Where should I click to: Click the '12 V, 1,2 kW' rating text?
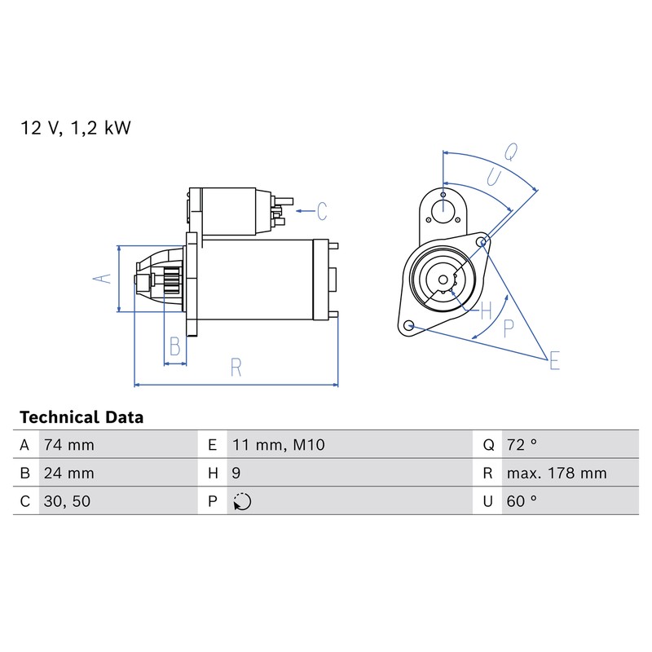[75, 128]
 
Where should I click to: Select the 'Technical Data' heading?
[81, 417]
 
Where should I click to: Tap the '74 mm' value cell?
[69, 445]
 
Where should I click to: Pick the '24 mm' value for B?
[69, 474]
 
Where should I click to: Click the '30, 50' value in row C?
[67, 501]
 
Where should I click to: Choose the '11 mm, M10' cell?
[279, 445]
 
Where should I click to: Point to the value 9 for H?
[236, 474]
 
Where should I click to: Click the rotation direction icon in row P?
[242, 501]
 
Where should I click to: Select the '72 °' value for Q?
[522, 445]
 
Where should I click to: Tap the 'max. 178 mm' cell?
[557, 474]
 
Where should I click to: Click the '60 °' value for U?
[522, 501]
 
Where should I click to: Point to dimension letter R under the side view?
[236, 368]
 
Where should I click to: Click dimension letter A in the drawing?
[103, 279]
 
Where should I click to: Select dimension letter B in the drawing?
[175, 346]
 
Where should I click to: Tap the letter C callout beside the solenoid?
[322, 211]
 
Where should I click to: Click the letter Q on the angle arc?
[511, 152]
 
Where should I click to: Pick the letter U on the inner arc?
[494, 178]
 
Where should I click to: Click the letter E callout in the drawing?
[555, 360]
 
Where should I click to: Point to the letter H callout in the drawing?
[486, 311]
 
